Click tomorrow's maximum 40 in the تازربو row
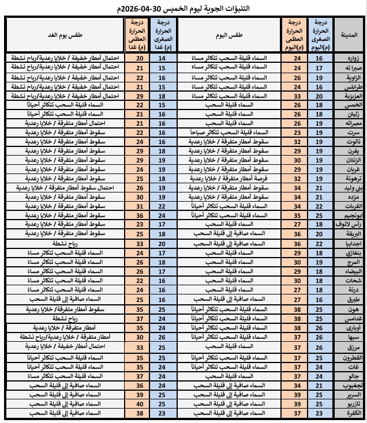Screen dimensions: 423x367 click(139, 403)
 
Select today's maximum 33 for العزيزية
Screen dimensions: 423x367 click(298, 96)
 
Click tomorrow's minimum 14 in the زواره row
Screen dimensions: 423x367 click(162, 59)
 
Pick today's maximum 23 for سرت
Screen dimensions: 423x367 click(298, 132)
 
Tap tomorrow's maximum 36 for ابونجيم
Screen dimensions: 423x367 click(139, 215)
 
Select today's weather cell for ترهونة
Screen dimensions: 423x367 click(231, 178)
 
